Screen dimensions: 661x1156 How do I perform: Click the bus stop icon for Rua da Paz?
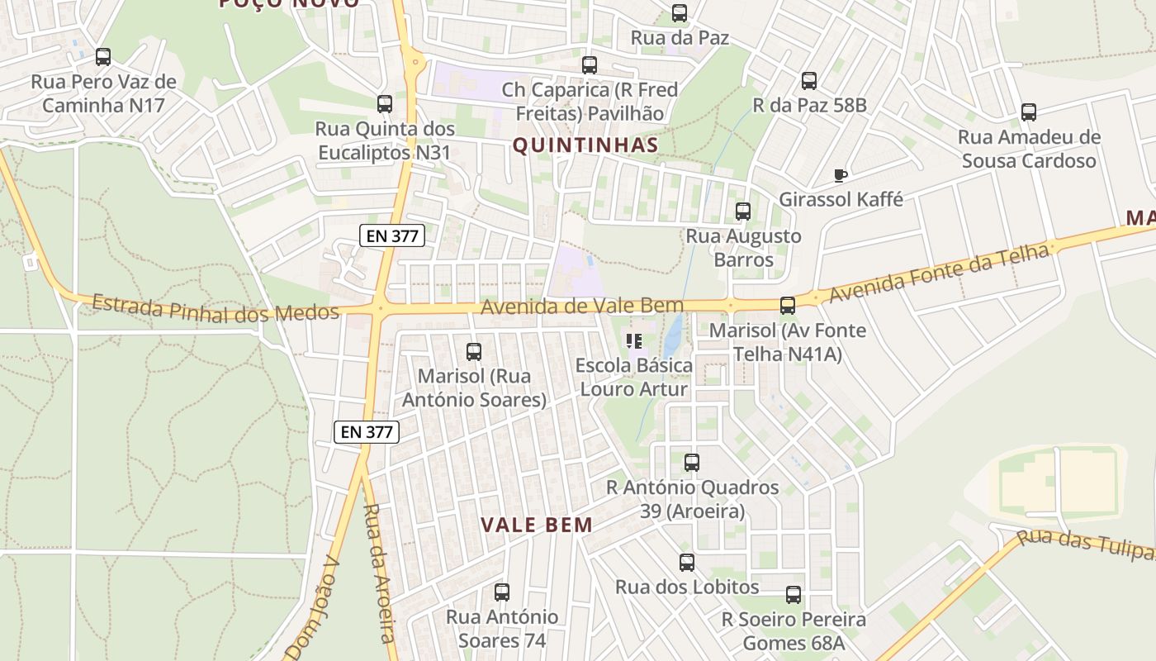[x=680, y=13]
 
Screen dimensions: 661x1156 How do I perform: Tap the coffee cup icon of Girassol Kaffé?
[x=841, y=175]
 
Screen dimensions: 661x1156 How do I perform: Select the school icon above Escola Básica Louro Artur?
[x=634, y=340]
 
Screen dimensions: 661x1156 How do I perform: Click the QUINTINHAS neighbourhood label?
[x=585, y=145]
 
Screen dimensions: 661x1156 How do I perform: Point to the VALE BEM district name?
[x=537, y=525]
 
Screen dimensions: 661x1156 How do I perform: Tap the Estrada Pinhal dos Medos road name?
[x=216, y=307]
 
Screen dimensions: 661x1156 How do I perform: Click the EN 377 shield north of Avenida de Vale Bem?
[x=393, y=235]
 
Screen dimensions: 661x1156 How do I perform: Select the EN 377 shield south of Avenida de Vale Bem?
[x=367, y=431]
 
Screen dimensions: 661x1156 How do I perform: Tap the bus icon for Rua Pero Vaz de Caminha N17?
[x=103, y=57]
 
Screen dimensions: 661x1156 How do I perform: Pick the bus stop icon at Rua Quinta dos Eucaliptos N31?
[x=385, y=104]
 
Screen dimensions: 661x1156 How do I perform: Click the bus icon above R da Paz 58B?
[x=809, y=81]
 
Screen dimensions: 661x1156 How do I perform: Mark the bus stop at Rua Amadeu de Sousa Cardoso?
[x=1029, y=112]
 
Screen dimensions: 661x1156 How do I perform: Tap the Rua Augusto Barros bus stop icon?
[x=743, y=212]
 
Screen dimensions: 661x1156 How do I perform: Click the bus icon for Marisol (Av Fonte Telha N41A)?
[x=788, y=306]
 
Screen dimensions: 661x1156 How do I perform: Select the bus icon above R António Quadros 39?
[x=692, y=463]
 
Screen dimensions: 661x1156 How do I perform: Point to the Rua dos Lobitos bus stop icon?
[x=687, y=563]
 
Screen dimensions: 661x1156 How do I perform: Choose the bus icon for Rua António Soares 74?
[x=502, y=592]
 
